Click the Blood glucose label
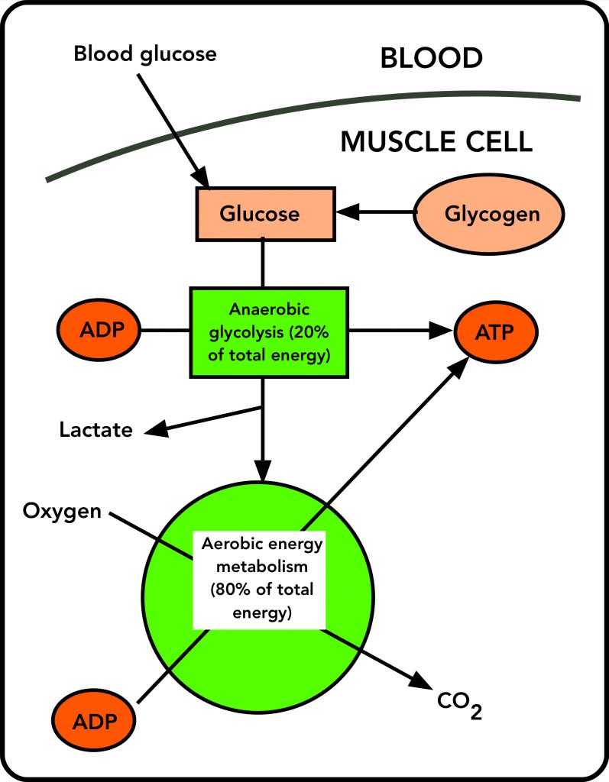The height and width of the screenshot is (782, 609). (x=145, y=54)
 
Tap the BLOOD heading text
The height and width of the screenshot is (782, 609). (x=432, y=58)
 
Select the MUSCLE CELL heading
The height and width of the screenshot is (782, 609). (x=436, y=141)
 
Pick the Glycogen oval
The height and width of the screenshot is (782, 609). (x=489, y=213)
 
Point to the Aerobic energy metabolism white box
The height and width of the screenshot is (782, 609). (x=260, y=578)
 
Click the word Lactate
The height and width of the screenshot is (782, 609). (x=96, y=430)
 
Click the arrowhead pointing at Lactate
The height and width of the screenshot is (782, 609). (x=155, y=429)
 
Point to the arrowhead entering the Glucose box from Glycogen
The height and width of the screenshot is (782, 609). (x=345, y=213)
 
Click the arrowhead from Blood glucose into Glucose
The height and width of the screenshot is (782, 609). (x=202, y=177)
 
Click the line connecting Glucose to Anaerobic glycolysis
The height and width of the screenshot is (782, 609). (x=263, y=262)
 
